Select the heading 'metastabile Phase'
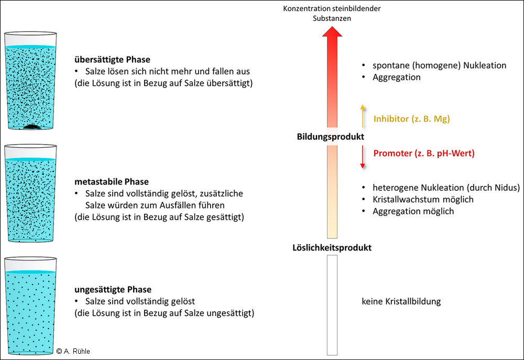pos(112,182)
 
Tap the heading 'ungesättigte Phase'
pos(113,289)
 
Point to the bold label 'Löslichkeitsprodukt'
pos(332,247)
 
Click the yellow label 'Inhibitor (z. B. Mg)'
pos(411,119)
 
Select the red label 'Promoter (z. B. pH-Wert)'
pos(424,154)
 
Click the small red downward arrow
pos(362,157)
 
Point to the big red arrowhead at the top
pos(332,37)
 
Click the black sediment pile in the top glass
pos(32,125)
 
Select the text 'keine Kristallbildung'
pos(401,301)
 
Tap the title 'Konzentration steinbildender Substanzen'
pos(332,13)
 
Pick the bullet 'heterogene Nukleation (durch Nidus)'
pos(446,188)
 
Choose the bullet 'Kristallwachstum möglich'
pos(423,199)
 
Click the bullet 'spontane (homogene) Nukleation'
pos(439,66)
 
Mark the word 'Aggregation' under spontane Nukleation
pos(396,77)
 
